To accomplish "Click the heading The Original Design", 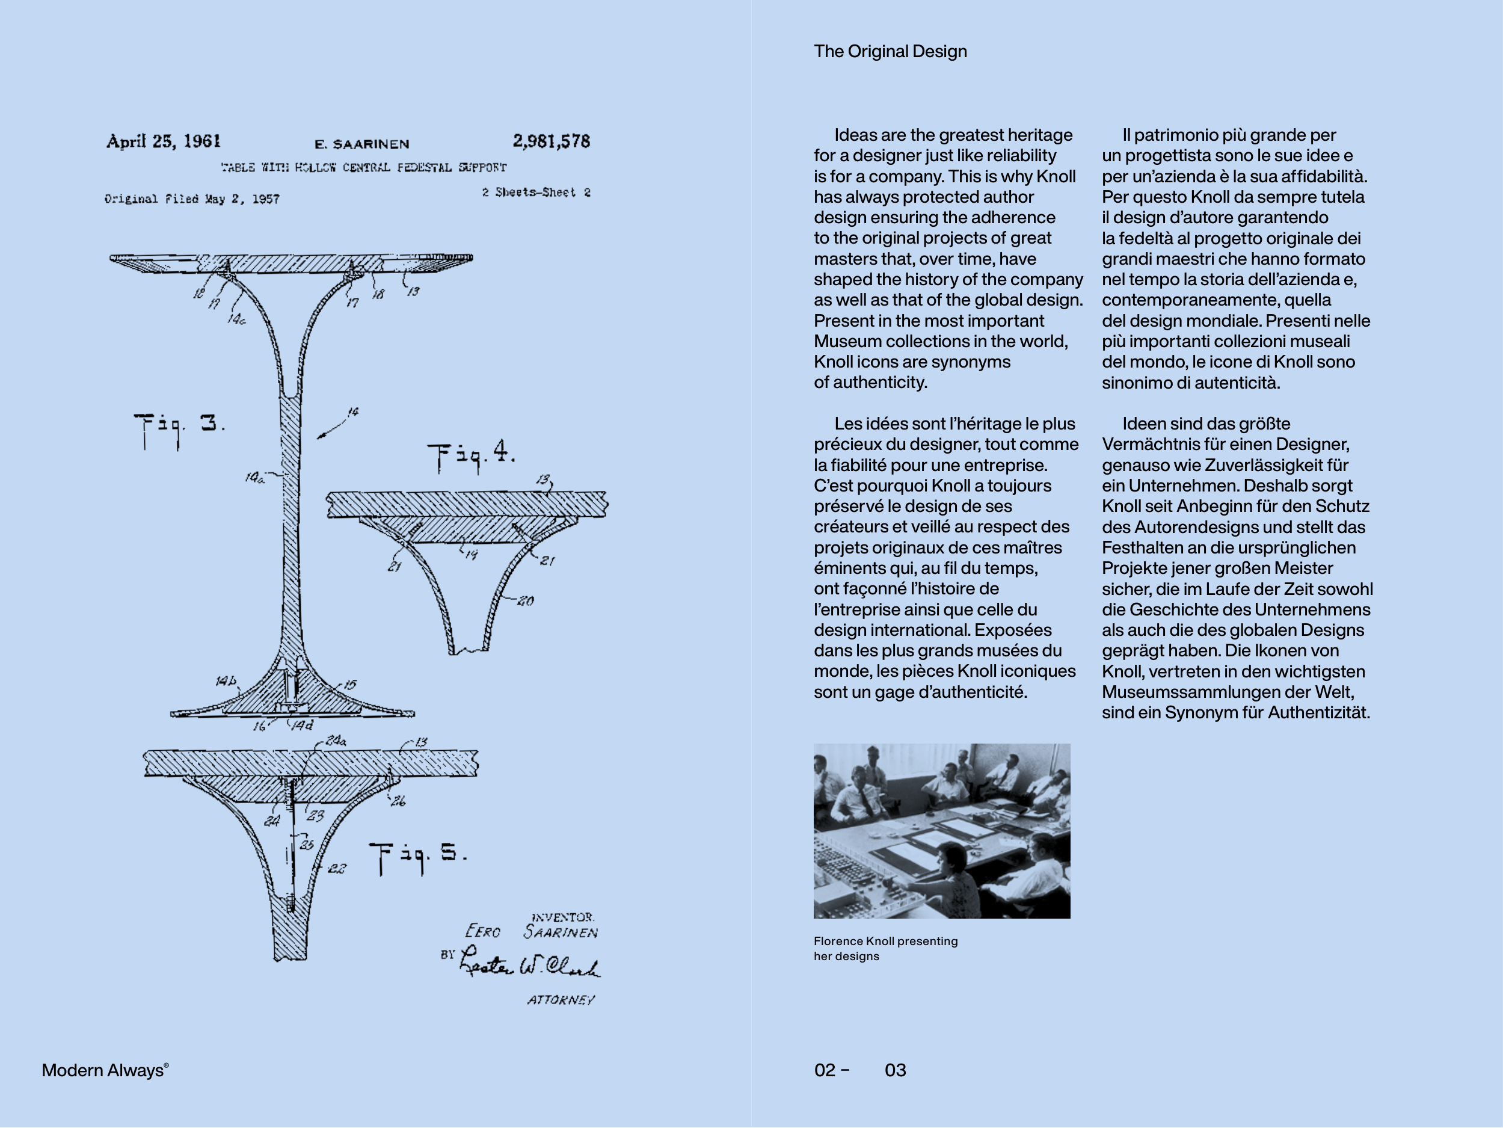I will [890, 52].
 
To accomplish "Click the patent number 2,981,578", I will [551, 141].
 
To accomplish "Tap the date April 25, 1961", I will [163, 141].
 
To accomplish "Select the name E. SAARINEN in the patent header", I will [361, 144].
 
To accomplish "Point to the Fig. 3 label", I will [179, 427].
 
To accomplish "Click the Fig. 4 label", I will [471, 455].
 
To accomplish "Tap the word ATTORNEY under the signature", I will [561, 1000].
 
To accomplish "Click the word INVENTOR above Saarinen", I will [562, 917].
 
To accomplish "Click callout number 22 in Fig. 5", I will [337, 869].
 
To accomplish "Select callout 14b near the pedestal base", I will [226, 681].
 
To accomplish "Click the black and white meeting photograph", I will [942, 830].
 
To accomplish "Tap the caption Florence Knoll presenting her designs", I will [885, 949].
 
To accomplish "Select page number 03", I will [895, 1070].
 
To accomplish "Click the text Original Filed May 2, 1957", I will [192, 199].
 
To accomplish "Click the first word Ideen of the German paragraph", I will [1143, 424].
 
